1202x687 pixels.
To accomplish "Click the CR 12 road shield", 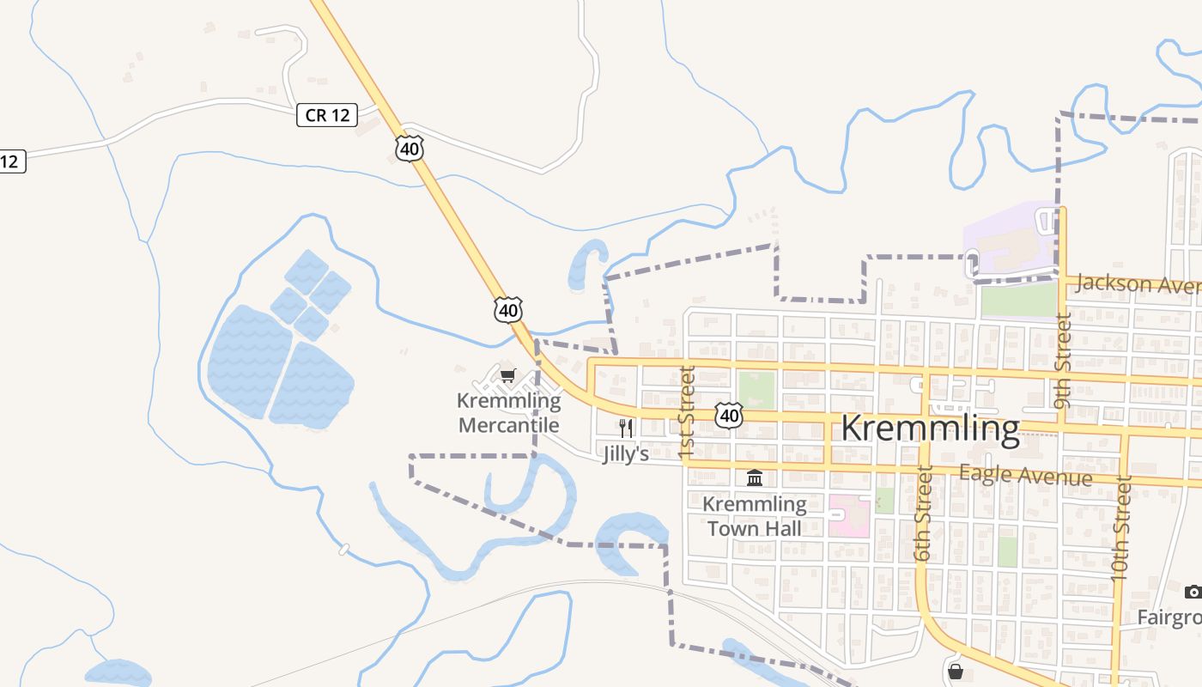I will point(327,114).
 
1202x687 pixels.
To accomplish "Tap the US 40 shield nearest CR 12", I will point(410,149).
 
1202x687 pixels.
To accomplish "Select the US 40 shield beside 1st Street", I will point(729,416).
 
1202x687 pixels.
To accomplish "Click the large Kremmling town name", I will point(930,428).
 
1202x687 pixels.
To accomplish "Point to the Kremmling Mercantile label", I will point(509,413).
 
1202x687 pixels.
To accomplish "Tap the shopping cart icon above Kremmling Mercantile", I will point(507,375).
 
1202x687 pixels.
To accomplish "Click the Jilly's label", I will point(626,453).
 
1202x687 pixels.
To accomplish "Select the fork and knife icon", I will point(626,428).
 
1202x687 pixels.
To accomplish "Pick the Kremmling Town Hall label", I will point(755,515).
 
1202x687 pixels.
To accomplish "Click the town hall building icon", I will point(755,477).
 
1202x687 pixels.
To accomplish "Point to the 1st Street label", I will point(686,412).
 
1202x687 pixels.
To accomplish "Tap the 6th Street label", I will point(924,514).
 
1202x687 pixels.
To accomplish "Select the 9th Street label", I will point(1063,361).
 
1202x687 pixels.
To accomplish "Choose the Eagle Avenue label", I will point(1025,474).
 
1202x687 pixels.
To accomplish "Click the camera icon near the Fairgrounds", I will point(1193,592).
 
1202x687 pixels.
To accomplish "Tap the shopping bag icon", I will point(955,671).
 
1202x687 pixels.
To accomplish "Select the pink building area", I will point(848,515).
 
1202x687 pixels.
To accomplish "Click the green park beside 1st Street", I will point(756,390).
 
